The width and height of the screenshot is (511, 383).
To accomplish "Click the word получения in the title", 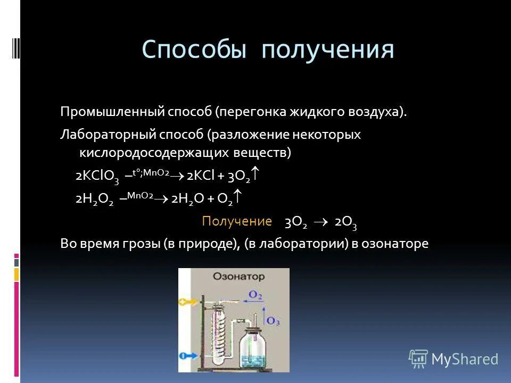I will point(328,51).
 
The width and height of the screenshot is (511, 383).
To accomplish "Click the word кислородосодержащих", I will point(154,153).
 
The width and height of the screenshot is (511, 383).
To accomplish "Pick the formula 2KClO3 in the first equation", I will point(97,177).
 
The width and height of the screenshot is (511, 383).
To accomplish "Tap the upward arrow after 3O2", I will point(256,174).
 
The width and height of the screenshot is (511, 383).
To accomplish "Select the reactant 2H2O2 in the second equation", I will point(94,199).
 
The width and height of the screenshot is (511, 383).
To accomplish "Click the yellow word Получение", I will point(237,221).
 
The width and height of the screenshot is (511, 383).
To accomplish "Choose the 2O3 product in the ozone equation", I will point(345,222).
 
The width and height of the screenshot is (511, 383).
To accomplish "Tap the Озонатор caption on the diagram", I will point(231,277).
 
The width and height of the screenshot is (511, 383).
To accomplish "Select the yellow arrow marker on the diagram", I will point(186,302).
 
